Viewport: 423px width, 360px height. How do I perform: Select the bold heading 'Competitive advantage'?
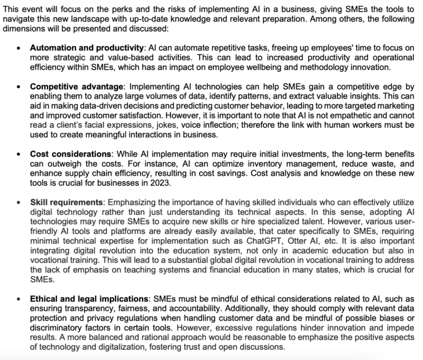point(76,87)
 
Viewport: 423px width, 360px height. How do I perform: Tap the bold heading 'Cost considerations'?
point(70,153)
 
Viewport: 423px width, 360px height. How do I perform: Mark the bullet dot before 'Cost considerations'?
point(19,154)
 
